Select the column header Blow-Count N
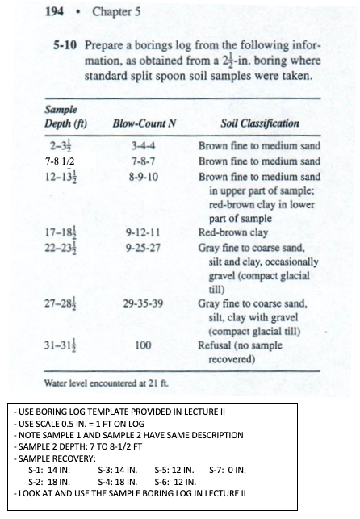tap(141, 123)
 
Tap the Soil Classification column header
tap(259, 123)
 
